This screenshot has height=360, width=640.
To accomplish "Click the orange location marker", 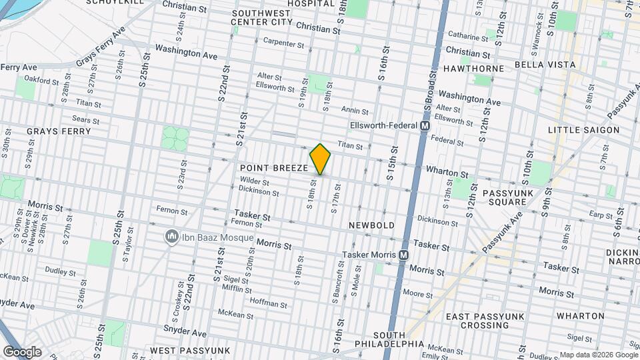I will point(320,159).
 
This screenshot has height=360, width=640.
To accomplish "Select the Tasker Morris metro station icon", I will point(403,255).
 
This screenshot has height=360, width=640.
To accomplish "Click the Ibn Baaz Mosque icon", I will point(172,237).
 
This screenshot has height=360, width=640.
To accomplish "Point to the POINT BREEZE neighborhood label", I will point(273,168).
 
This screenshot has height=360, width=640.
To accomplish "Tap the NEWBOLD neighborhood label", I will point(372,226).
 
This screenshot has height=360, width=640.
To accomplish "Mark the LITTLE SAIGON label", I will point(584,130).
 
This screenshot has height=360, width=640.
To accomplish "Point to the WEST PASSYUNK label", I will point(190,351).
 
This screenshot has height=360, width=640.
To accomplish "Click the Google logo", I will point(22,351).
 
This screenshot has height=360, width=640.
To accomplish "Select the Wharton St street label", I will point(449,173).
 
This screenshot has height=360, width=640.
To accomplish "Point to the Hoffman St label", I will point(267,303).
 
